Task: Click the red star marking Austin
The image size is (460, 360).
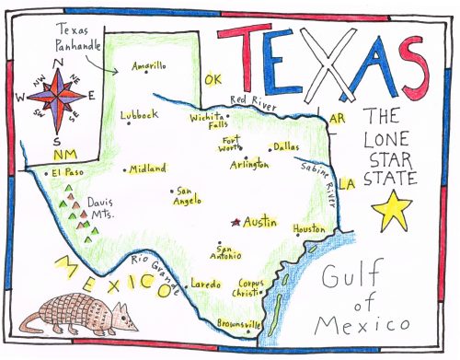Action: point(236,222)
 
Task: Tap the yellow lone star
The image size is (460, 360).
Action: point(394,211)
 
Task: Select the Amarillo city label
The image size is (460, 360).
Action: point(149,66)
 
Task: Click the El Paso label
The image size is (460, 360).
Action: point(67,172)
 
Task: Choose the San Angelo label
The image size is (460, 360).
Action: point(189,196)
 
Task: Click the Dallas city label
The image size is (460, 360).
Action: point(286,146)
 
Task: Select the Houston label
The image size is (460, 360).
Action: point(308,228)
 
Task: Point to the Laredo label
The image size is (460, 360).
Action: point(205,285)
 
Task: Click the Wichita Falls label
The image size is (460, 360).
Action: point(207,122)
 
